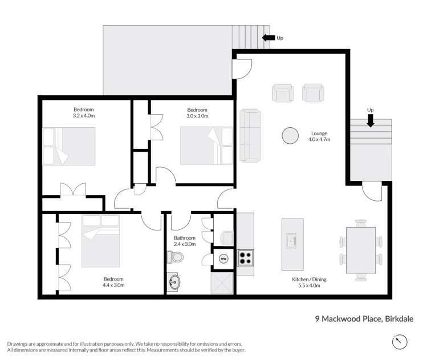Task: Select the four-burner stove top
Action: [245, 258]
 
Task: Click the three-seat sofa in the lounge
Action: [249, 135]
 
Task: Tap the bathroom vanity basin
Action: [174, 281]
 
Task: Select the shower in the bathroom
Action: [223, 282]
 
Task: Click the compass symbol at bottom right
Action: [401, 341]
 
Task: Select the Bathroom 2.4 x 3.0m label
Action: [185, 241]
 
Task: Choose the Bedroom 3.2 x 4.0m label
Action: [83, 112]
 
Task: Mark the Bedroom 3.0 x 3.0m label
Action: [197, 112]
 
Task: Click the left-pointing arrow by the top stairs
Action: [267, 38]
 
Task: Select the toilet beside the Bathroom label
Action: [176, 257]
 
